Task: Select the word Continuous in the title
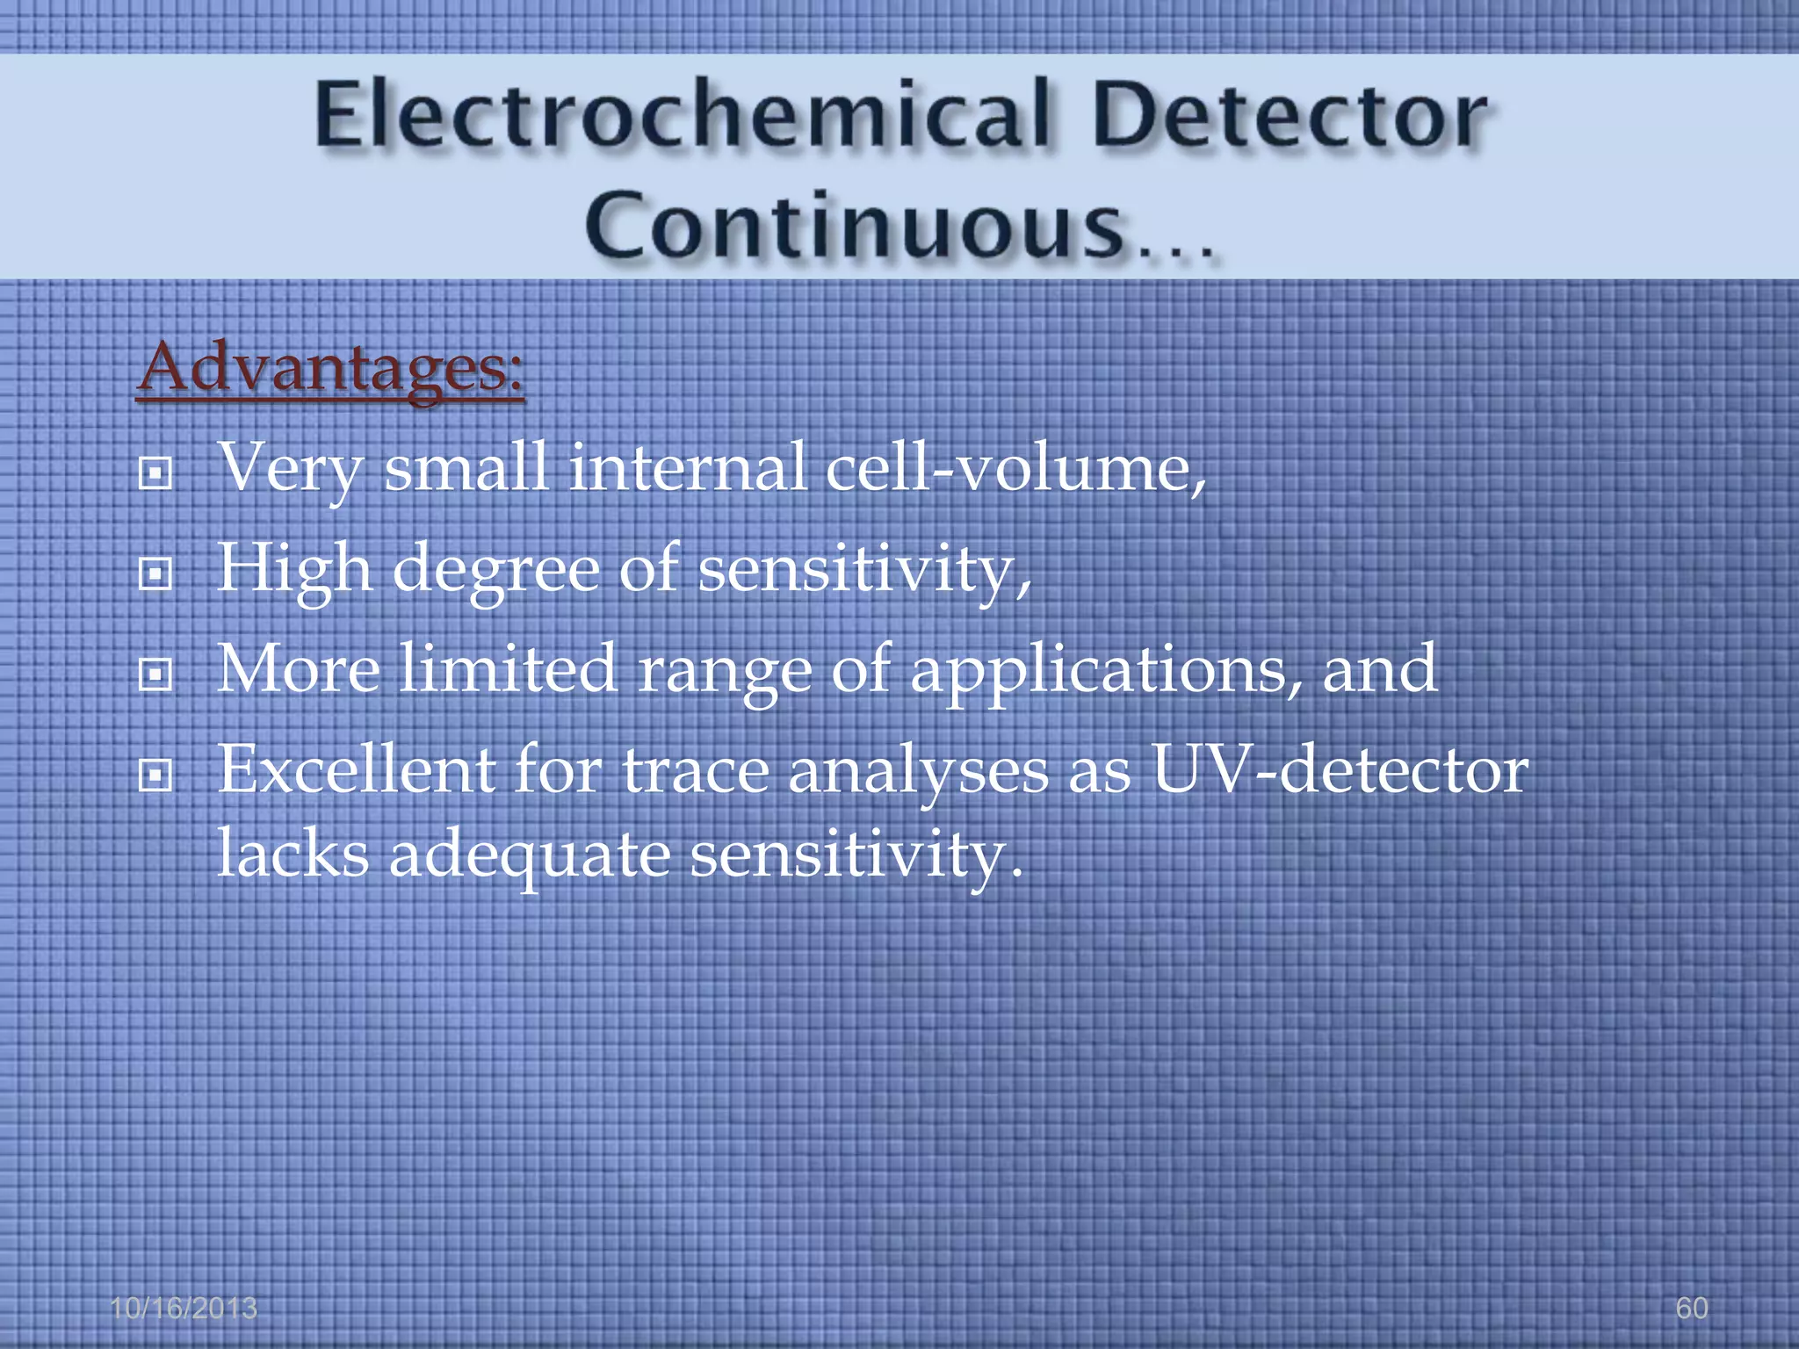pos(856,227)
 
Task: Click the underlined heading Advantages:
pos(331,369)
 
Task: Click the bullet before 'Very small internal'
pos(155,474)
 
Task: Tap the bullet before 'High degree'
pos(155,575)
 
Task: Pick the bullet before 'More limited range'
pos(155,675)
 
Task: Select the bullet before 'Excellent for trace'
pos(155,775)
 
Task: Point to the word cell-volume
pos(1016,467)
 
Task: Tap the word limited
pos(508,669)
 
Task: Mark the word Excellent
pos(357,770)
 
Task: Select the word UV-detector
pos(1340,770)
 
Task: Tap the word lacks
pos(293,854)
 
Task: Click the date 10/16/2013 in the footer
pos(184,1308)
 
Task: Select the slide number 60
pos(1691,1308)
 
